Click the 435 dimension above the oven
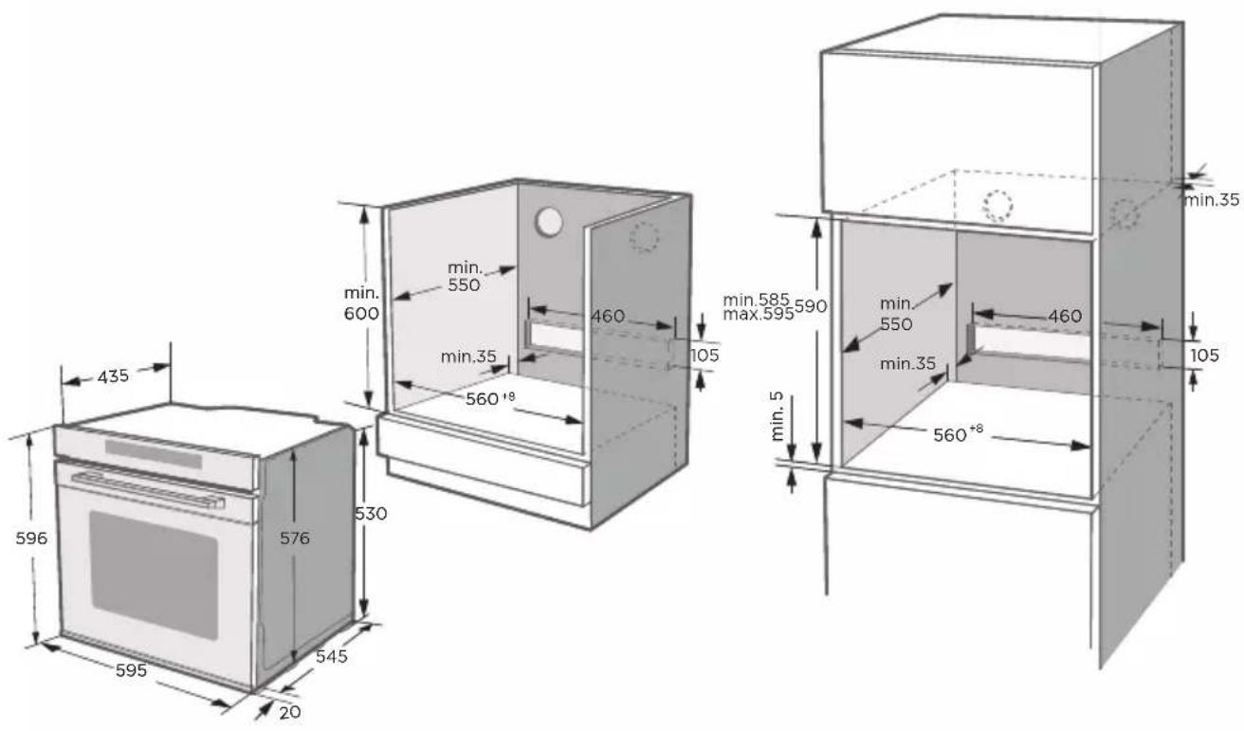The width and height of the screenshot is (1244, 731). [113, 376]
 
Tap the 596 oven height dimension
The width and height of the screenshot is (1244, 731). [31, 538]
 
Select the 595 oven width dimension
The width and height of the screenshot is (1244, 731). [131, 670]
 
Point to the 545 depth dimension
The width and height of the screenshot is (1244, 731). [332, 656]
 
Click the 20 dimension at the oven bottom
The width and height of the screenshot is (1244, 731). [290, 712]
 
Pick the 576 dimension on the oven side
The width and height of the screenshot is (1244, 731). [294, 538]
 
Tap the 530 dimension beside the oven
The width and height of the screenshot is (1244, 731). [371, 514]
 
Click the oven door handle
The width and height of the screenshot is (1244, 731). [148, 490]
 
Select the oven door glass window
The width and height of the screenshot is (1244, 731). [154, 575]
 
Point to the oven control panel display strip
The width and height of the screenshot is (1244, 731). [154, 454]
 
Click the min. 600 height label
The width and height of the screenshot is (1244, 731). [361, 303]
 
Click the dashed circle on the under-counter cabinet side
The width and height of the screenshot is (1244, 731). [644, 237]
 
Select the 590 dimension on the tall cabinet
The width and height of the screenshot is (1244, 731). [811, 306]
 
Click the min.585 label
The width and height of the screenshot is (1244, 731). [756, 300]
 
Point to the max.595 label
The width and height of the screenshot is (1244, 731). [759, 314]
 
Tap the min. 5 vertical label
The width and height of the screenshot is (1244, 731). [777, 416]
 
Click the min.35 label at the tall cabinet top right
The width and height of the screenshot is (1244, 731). [1213, 200]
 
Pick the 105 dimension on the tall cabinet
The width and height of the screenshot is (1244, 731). [1204, 355]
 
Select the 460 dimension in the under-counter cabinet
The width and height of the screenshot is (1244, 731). [608, 316]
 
